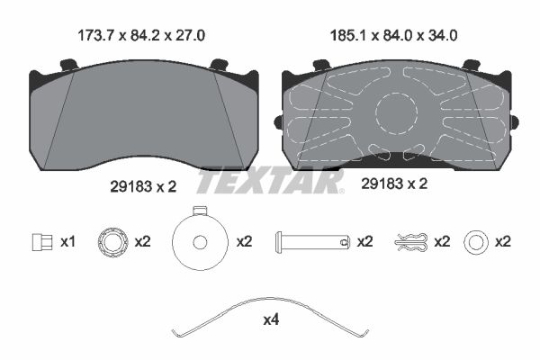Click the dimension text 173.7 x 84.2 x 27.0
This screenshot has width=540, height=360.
(x=141, y=35)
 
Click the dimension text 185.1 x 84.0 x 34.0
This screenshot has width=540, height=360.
(x=393, y=35)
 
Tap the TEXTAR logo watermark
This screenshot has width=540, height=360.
(x=270, y=180)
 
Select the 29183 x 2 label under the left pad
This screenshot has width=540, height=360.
(x=143, y=186)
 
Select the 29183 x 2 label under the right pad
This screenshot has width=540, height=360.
(x=394, y=184)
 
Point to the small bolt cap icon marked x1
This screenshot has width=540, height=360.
(x=42, y=242)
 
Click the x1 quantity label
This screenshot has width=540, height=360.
(x=67, y=242)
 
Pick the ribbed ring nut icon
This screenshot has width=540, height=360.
(x=113, y=241)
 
